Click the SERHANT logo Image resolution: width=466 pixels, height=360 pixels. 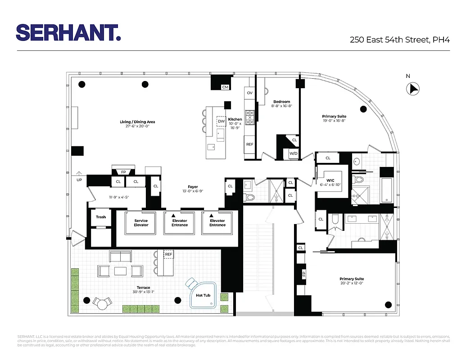[68, 33]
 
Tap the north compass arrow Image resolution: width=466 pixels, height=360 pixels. [413, 89]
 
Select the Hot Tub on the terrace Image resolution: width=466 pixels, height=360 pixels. [203, 295]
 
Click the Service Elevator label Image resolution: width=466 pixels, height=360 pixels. [141, 223]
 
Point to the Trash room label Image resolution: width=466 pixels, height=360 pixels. [101, 217]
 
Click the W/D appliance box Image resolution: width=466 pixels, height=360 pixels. [294, 153]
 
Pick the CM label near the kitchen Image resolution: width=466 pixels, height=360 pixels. [225, 87]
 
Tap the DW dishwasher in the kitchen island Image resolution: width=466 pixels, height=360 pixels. [221, 121]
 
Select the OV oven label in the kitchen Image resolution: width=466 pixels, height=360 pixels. [249, 93]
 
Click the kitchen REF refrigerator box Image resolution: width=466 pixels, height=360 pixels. [249, 144]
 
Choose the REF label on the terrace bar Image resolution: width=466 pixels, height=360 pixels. [168, 254]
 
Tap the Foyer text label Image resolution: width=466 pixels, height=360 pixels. [193, 187]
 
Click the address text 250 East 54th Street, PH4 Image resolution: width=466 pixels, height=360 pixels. [400, 40]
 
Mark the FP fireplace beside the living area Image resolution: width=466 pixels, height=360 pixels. [123, 172]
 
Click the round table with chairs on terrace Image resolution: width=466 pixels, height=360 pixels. [102, 304]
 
